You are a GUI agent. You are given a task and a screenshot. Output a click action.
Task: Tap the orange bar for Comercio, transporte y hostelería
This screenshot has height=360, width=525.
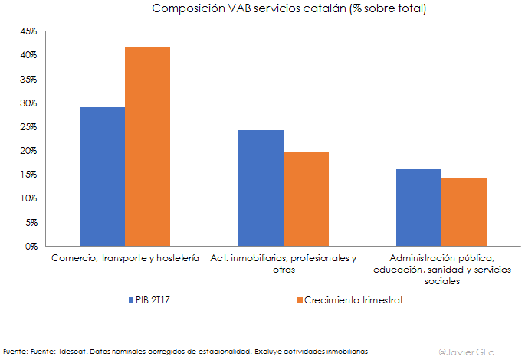[x=148, y=147]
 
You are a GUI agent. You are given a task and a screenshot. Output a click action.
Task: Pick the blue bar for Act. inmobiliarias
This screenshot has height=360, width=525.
[x=261, y=188]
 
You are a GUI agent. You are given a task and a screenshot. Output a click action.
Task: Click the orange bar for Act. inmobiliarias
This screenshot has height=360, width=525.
[x=306, y=199]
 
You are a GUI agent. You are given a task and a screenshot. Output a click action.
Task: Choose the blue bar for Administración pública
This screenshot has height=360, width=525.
[x=418, y=208]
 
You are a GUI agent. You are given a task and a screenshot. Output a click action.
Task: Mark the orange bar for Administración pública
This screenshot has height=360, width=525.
[x=464, y=212]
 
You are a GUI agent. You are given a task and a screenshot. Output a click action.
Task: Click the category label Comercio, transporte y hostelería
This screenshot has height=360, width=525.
[x=125, y=258]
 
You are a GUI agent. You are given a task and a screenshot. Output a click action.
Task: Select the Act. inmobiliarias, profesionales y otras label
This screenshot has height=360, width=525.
[x=283, y=263]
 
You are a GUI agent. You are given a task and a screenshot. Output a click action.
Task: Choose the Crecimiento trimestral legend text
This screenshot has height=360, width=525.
[x=353, y=300]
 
